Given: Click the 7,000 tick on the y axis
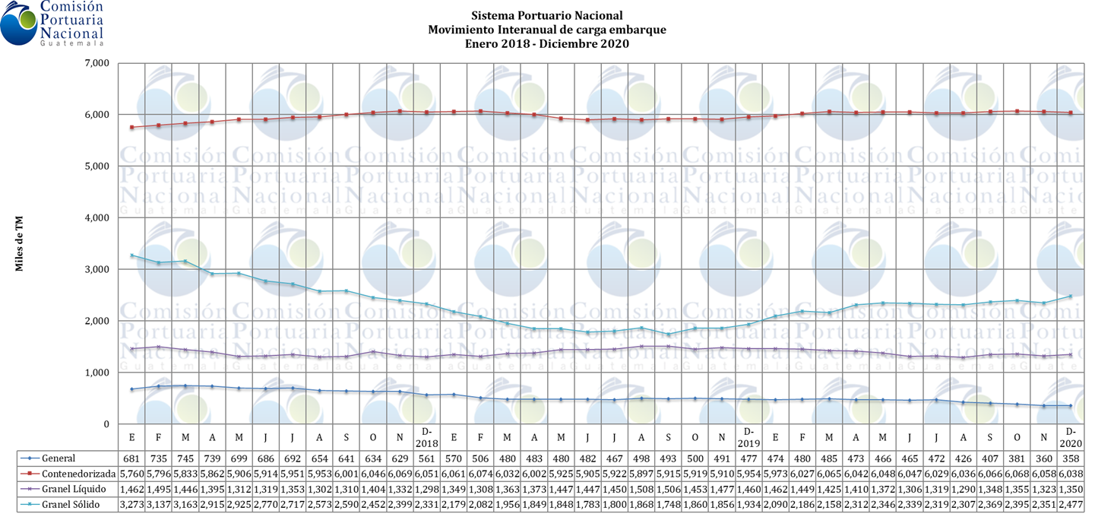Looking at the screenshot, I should click(97, 63).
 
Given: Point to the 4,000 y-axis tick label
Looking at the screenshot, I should click(97, 218).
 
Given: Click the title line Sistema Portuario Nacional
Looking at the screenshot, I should click(546, 15).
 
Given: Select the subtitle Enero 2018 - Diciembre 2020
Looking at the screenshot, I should click(546, 44).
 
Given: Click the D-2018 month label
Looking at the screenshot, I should click(427, 438).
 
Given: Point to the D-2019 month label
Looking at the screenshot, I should click(749, 438).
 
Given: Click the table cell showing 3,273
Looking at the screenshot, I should click(132, 503).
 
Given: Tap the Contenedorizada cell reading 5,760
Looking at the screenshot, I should click(132, 473).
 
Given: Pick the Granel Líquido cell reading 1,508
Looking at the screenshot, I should click(642, 487).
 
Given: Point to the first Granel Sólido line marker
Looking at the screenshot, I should click(132, 255).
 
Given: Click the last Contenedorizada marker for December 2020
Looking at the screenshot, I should click(1071, 113).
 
